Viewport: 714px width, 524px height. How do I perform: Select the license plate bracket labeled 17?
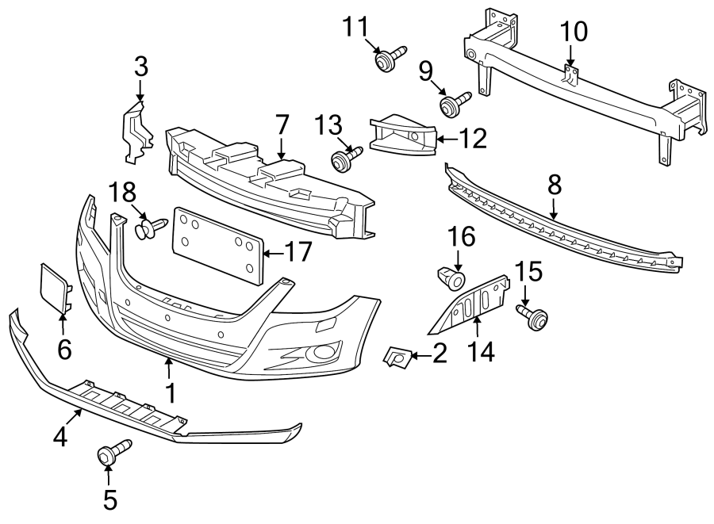[217, 244]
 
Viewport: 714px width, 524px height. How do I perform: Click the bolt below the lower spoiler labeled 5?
[109, 453]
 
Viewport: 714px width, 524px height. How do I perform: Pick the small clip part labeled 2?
[396, 358]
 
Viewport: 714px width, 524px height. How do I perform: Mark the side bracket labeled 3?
[136, 129]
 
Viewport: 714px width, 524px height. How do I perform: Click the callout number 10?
[574, 32]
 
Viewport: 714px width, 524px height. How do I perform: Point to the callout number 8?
[554, 185]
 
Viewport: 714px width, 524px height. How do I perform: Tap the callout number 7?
[281, 124]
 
